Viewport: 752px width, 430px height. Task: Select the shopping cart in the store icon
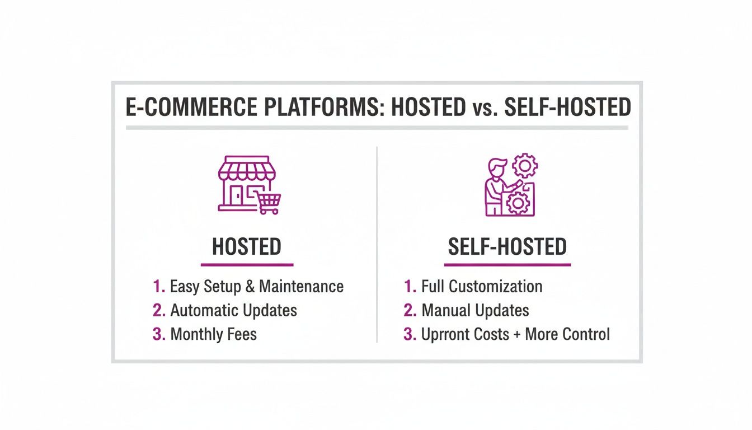pyautogui.click(x=269, y=203)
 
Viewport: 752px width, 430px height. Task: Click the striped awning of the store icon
pyautogui.click(x=246, y=167)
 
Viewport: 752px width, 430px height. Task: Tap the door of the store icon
pyautogui.click(x=237, y=196)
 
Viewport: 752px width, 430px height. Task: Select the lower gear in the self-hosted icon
pyautogui.click(x=518, y=202)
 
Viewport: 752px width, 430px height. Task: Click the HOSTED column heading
pyautogui.click(x=246, y=246)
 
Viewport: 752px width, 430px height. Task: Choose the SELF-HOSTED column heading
pyautogui.click(x=507, y=246)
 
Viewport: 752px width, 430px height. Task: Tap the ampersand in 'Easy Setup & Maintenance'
pyautogui.click(x=249, y=287)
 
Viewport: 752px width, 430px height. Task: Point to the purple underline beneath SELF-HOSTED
pyautogui.click(x=507, y=264)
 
